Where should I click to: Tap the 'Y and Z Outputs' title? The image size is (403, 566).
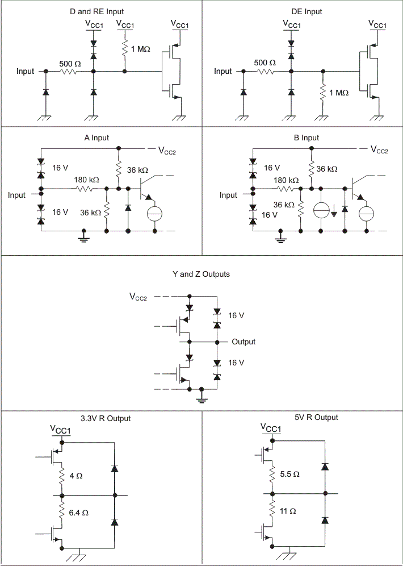(201, 274)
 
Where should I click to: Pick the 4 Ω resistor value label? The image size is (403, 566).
(75, 475)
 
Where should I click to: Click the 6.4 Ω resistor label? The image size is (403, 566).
(78, 512)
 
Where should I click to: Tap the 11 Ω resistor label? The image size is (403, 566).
(288, 511)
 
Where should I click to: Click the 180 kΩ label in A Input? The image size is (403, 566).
(86, 180)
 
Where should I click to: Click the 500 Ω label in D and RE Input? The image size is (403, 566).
(70, 63)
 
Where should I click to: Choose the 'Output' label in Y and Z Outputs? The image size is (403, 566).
(244, 342)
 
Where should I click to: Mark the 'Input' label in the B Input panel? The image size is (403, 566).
(228, 195)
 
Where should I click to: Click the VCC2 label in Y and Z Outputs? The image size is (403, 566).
(138, 297)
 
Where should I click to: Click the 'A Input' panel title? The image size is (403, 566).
(96, 138)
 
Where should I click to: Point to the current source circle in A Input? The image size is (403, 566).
(155, 213)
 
